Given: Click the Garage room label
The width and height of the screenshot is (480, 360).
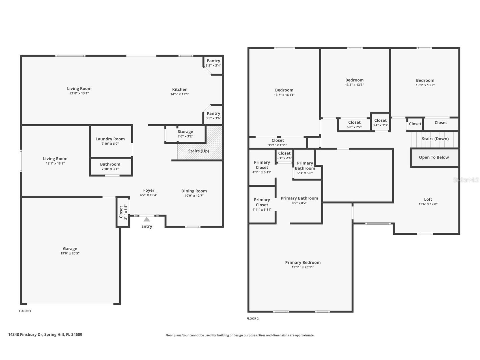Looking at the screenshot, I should click(x=70, y=249).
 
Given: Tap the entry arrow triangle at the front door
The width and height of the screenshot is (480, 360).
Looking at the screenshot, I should click(x=147, y=219).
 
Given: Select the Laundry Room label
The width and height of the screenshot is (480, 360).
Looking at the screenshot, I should click(x=110, y=139).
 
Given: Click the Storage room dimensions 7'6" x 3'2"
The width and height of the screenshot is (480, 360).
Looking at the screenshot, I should click(x=185, y=136).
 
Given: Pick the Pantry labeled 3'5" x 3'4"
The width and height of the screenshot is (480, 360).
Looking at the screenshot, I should click(x=213, y=63).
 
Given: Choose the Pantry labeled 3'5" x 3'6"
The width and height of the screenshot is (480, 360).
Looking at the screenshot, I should click(x=213, y=115).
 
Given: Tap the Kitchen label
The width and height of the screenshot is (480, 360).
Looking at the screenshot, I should click(x=180, y=89).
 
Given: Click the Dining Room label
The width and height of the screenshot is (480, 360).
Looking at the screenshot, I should click(x=194, y=191).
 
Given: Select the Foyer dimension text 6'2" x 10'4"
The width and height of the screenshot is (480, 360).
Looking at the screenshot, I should click(x=149, y=195).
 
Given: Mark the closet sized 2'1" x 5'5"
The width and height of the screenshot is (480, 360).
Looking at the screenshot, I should click(x=123, y=212).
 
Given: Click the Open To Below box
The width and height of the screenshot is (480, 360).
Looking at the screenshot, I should click(x=434, y=157).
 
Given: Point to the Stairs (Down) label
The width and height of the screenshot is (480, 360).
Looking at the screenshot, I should click(x=435, y=139).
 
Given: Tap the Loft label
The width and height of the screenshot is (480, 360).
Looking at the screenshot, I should click(x=428, y=199).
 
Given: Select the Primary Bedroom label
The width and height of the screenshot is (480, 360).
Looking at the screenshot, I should click(x=303, y=263).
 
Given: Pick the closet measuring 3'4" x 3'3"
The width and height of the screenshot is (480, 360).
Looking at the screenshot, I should click(x=380, y=123).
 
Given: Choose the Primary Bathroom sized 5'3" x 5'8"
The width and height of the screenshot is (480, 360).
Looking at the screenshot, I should click(x=305, y=168).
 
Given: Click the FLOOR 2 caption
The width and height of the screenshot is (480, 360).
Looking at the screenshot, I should click(x=252, y=318).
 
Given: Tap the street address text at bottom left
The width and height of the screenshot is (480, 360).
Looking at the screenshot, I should click(x=45, y=335).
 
